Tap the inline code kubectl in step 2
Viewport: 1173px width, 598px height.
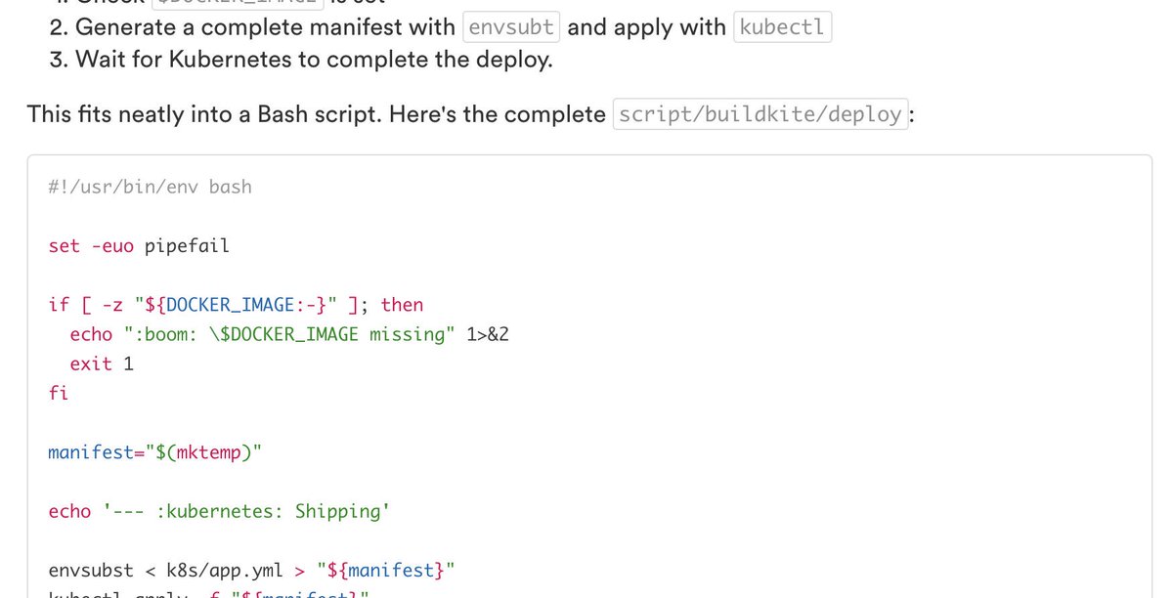[x=782, y=27]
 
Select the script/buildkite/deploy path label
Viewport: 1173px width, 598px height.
[x=760, y=114]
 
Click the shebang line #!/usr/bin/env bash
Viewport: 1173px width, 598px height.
[x=150, y=187]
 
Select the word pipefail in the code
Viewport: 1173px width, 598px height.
[x=187, y=245]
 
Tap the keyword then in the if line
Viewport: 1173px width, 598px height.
[x=402, y=305]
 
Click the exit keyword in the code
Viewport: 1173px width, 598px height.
[x=91, y=363]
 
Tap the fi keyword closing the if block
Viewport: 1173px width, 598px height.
[x=59, y=393]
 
